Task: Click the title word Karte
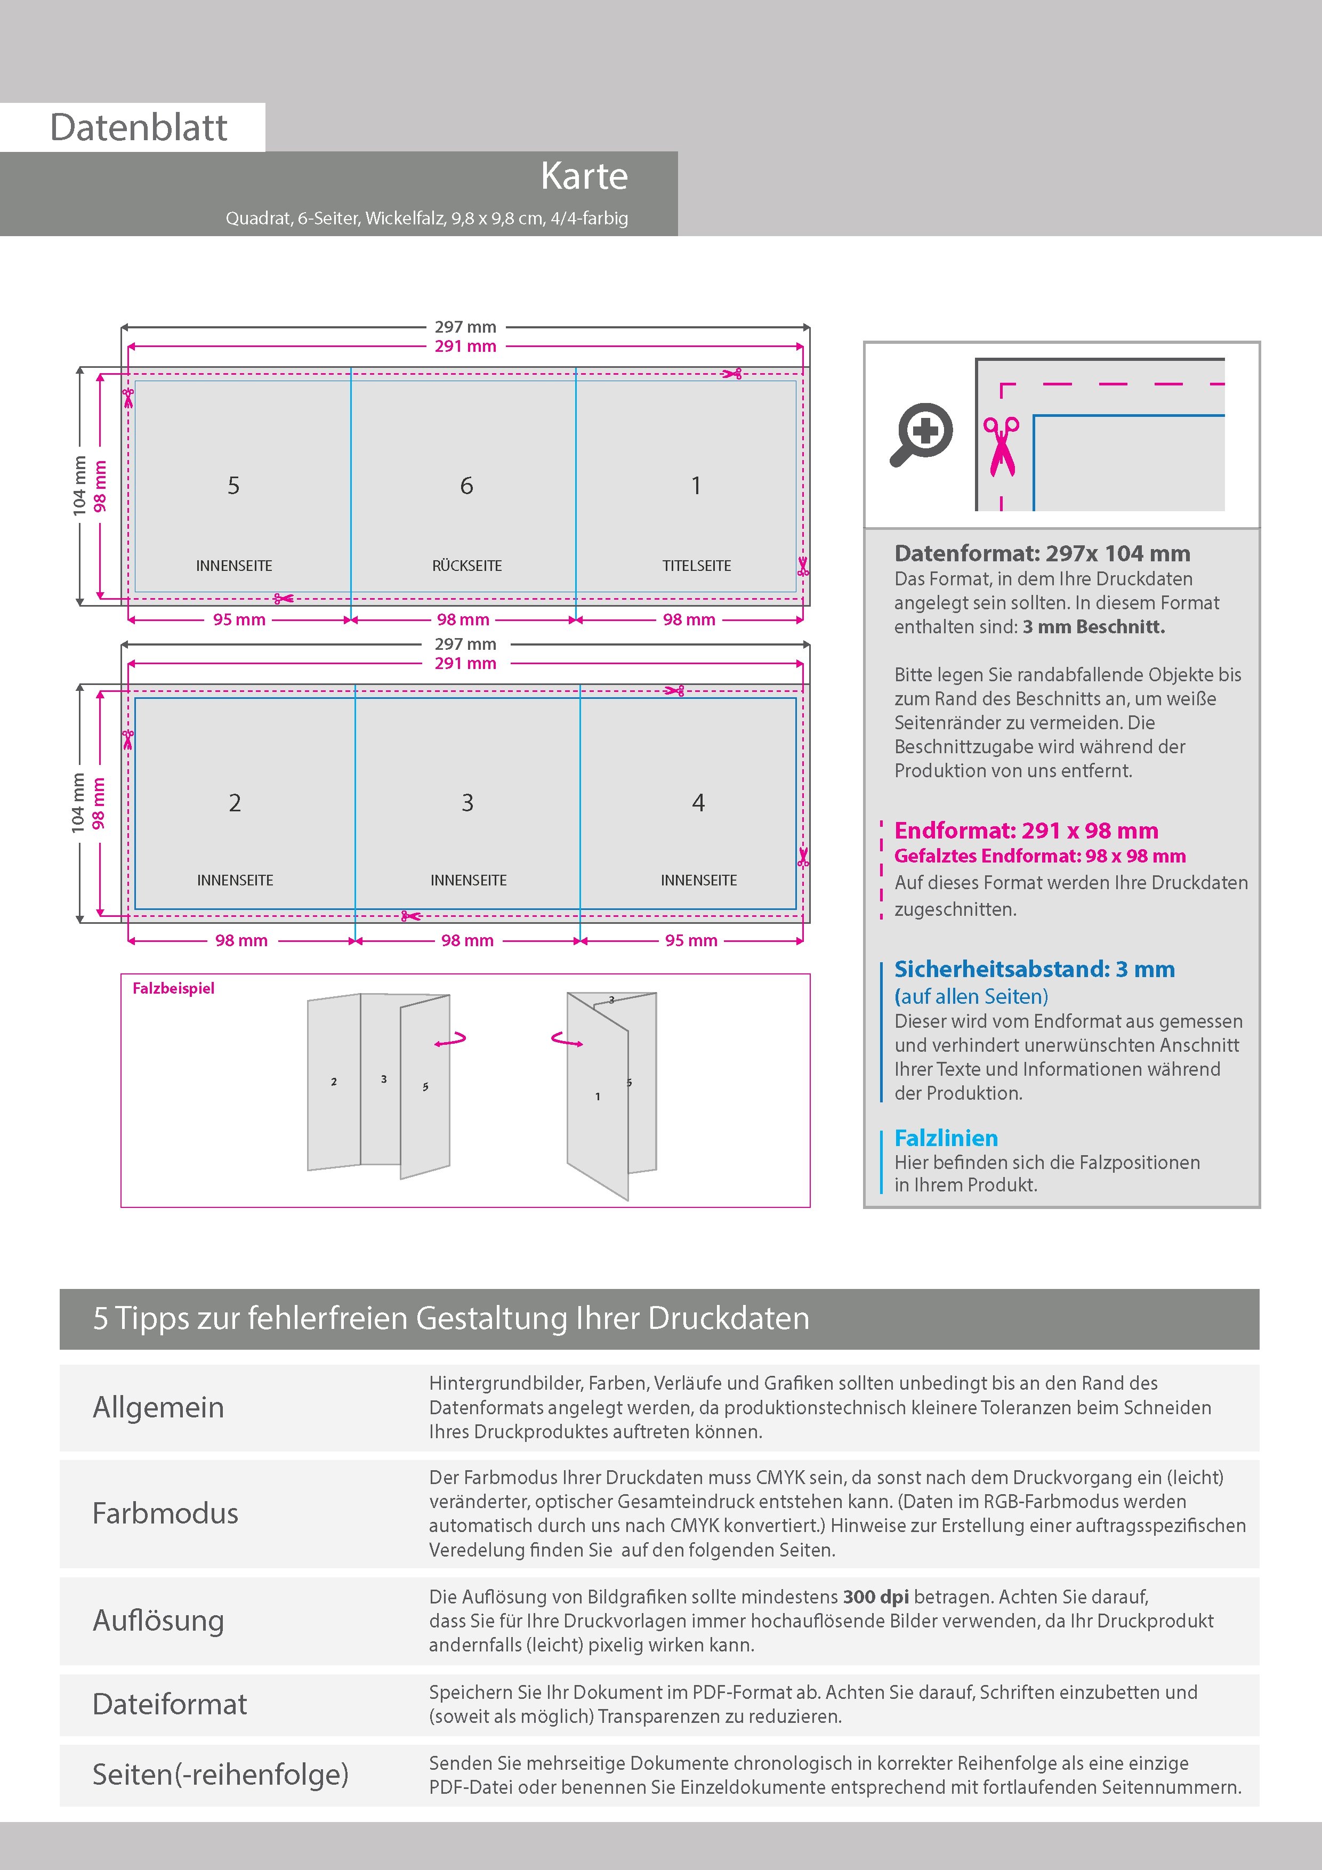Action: tap(584, 176)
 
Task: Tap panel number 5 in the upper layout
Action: tap(234, 486)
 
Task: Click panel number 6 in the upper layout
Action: tap(467, 486)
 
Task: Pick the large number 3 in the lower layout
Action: tap(467, 803)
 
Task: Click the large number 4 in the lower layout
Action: tap(698, 803)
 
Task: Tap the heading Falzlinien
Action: tap(946, 1138)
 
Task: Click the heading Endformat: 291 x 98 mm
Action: tap(1026, 831)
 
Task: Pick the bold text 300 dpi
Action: tap(876, 1597)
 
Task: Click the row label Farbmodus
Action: tap(165, 1513)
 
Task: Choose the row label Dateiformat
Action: tap(170, 1704)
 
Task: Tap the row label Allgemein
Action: tap(158, 1407)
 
